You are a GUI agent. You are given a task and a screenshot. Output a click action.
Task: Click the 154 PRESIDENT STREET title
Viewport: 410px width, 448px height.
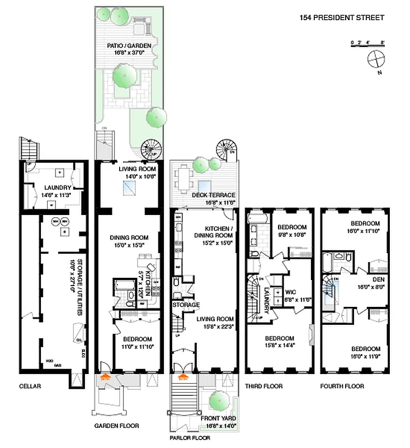(341, 18)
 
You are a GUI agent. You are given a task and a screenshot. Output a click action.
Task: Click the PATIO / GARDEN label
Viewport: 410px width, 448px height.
(129, 46)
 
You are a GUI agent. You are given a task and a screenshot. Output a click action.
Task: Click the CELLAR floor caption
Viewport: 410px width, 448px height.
(30, 386)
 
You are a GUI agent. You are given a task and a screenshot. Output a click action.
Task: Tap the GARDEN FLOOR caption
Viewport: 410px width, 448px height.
(116, 426)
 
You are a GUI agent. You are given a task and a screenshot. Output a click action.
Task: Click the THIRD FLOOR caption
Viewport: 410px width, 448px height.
(263, 386)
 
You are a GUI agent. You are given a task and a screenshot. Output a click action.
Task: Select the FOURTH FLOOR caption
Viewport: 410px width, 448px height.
(342, 386)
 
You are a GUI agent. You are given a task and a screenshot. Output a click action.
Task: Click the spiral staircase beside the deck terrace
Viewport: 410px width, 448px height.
(228, 150)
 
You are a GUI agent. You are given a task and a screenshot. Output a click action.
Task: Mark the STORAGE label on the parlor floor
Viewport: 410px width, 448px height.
(186, 305)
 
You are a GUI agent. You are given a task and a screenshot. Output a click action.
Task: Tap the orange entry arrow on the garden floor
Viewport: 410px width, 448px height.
(104, 378)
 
